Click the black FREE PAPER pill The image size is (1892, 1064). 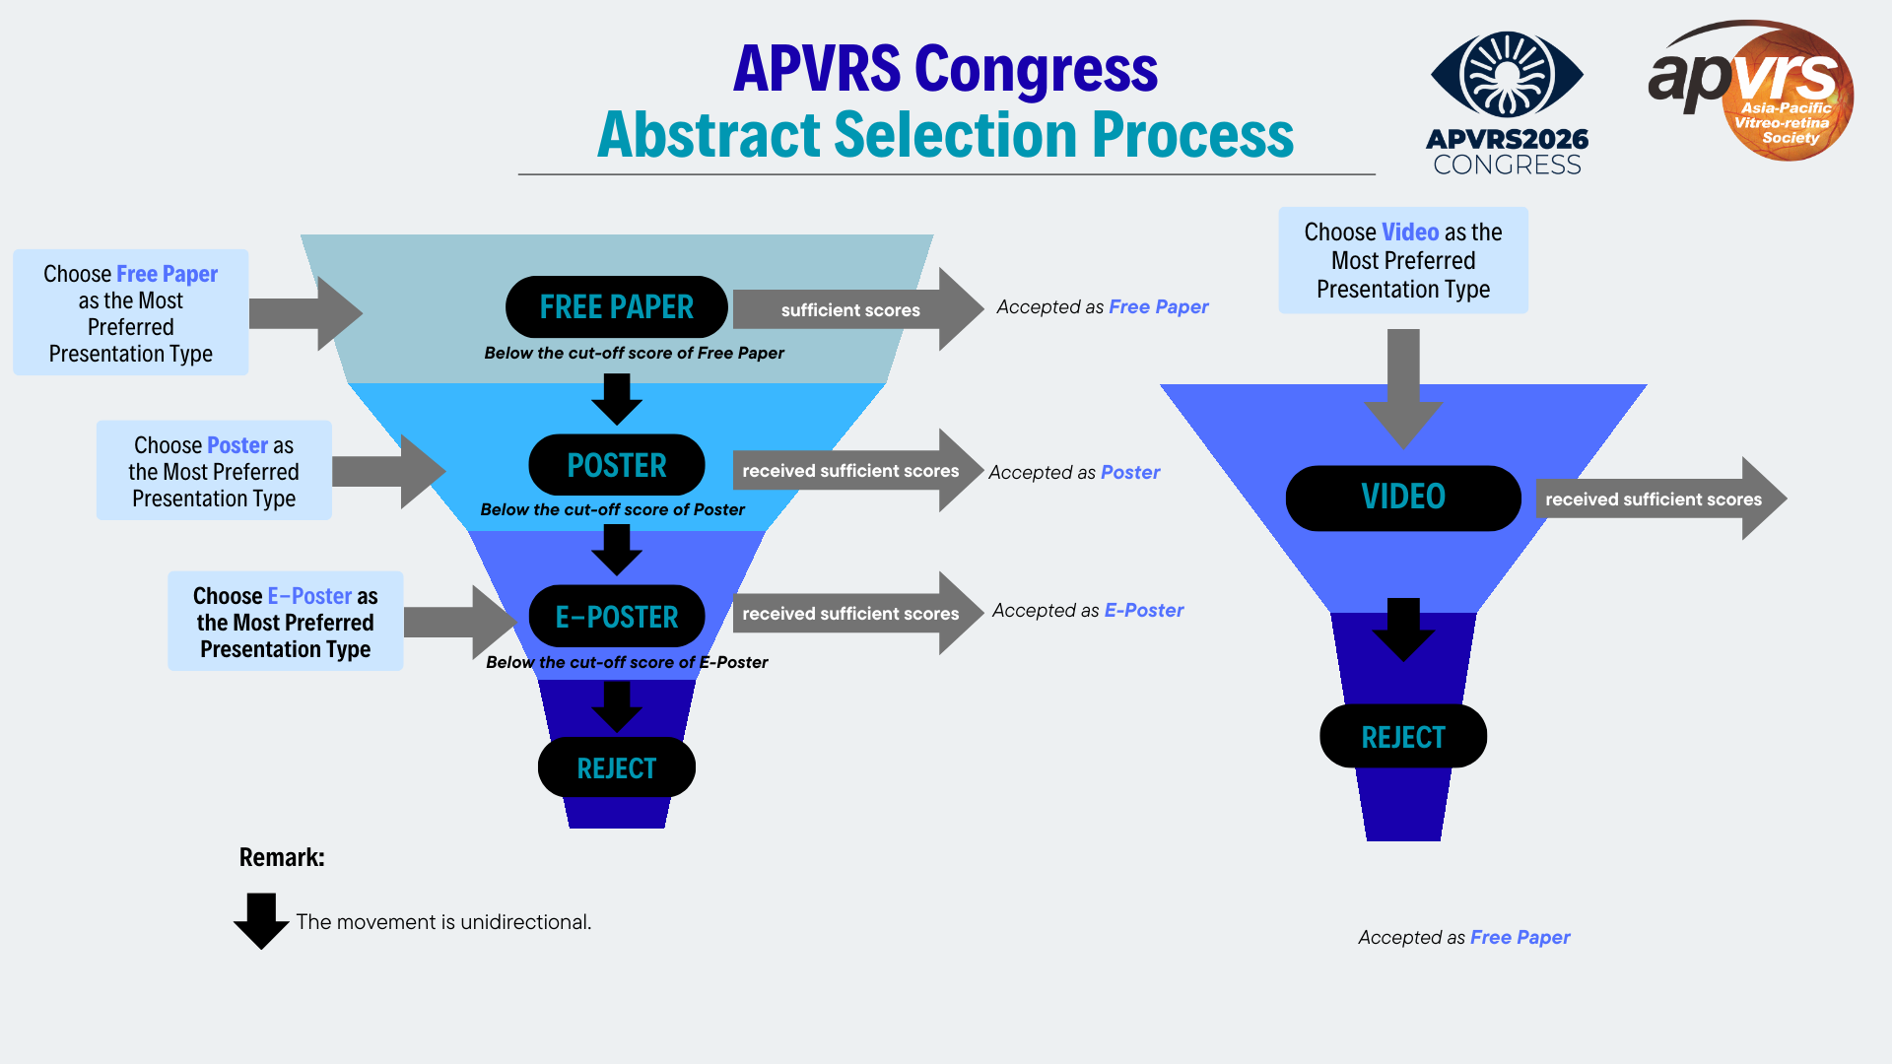tap(616, 307)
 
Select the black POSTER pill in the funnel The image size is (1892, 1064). tap(616, 465)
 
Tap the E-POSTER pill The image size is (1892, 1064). tap(616, 617)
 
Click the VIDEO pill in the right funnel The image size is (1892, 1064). tap(1402, 498)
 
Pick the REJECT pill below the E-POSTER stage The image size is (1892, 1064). tap(616, 768)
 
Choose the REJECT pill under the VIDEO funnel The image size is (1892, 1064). tap(1402, 737)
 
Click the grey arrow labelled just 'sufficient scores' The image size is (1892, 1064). tap(852, 309)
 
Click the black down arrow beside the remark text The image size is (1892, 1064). tap(261, 920)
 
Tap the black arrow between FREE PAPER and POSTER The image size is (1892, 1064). tap(617, 399)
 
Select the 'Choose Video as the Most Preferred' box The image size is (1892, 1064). tap(1402, 260)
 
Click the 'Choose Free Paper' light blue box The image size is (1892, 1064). tap(130, 312)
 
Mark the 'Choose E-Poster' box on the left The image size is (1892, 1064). tap(285, 622)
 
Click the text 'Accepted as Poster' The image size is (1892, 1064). tap(1074, 473)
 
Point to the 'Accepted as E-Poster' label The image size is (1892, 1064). tap(1088, 611)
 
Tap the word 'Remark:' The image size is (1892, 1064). tap(282, 857)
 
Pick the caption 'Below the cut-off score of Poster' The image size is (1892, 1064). tap(612, 509)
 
